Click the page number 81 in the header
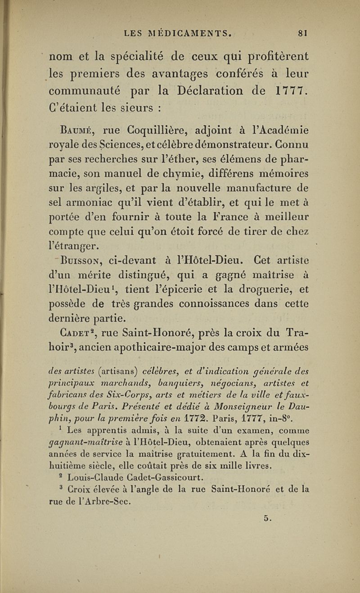(x=301, y=32)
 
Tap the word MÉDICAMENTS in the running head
(x=191, y=32)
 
